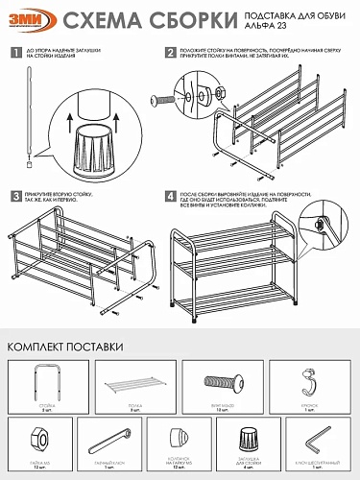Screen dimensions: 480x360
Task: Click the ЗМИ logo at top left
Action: tap(29, 21)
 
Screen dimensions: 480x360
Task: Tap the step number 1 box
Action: tap(14, 53)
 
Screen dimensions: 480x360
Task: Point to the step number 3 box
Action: tap(14, 196)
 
